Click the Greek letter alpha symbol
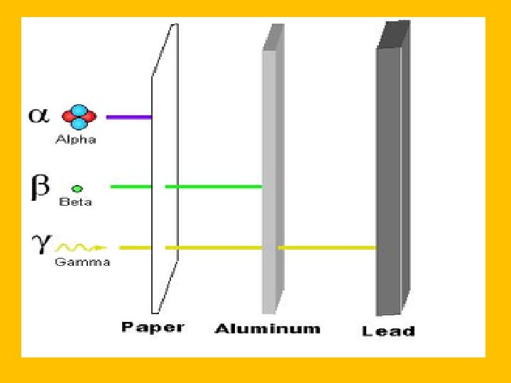point(38,115)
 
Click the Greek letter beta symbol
point(39,187)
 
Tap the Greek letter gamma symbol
point(40,244)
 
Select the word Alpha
point(76,140)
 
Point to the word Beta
point(75,202)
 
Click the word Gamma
point(82,262)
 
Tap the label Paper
point(153,327)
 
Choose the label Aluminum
point(268,328)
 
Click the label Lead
point(388,331)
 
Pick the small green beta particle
point(77,189)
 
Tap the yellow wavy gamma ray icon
point(80,248)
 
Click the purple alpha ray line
point(128,116)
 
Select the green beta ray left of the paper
point(131,187)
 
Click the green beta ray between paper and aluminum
point(213,187)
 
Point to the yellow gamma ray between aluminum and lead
point(326,248)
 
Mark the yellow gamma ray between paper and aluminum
point(213,248)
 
